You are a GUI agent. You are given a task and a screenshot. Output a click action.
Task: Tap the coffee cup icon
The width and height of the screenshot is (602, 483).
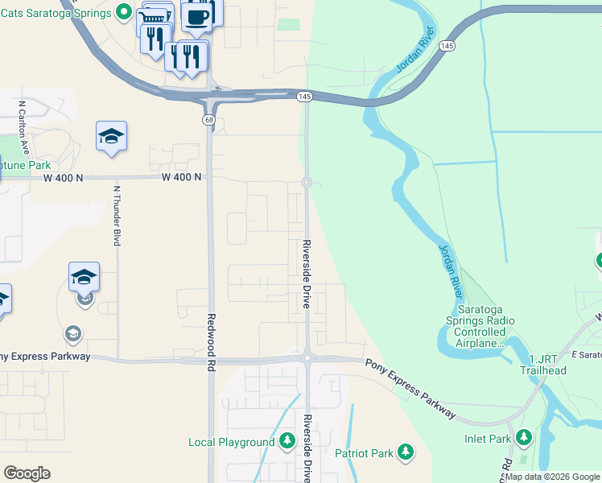196,15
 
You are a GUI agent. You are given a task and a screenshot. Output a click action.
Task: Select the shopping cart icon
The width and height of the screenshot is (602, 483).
156,17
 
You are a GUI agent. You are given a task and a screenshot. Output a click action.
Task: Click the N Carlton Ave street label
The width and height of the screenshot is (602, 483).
24,128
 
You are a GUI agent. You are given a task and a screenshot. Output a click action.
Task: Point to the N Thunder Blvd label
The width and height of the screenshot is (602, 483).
118,216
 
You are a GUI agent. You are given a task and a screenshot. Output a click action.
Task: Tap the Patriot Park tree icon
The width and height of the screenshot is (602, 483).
406,452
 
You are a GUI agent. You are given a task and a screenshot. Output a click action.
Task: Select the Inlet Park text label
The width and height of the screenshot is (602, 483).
488,440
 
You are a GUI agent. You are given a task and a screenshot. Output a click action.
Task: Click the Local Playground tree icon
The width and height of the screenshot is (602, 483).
287,441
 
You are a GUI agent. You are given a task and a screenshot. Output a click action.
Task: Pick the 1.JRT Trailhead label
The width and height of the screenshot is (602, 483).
547,364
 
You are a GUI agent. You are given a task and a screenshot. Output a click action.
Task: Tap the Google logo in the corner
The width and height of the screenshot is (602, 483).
27,473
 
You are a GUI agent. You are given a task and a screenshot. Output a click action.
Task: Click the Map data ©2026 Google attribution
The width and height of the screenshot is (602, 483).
552,477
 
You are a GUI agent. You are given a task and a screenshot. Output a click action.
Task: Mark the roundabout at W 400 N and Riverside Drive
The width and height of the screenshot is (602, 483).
307,183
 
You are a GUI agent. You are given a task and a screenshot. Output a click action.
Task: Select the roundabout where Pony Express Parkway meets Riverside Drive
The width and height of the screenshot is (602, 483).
307,358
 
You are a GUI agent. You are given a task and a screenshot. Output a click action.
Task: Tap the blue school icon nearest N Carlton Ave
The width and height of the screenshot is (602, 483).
112,137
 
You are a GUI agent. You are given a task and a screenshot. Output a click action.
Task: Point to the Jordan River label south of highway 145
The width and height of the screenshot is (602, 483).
450,269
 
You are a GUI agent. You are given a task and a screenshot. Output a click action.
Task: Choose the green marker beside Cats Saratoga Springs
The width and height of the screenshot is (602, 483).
123,11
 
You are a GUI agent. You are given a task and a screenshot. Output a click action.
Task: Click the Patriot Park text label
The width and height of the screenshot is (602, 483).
365,453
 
